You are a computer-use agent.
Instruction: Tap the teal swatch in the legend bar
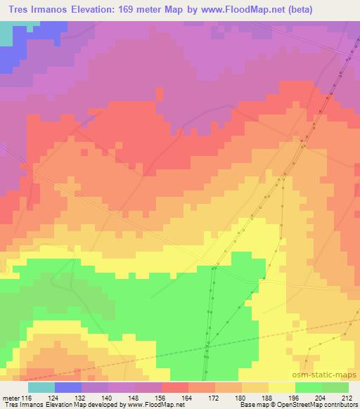(x=41, y=387)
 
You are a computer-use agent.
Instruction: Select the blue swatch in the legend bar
(x=68, y=387)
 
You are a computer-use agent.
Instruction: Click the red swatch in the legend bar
(x=175, y=387)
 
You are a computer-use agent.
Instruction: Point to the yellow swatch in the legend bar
(x=282, y=387)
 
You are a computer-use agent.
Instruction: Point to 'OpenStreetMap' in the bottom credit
(x=295, y=405)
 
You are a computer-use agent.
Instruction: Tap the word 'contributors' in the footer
(x=338, y=405)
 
